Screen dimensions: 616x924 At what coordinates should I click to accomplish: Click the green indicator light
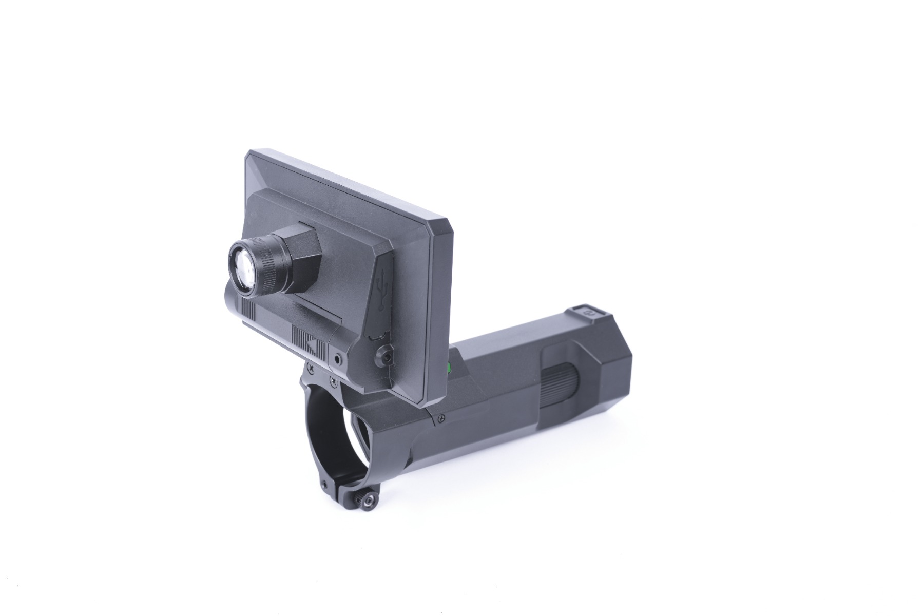pos(448,367)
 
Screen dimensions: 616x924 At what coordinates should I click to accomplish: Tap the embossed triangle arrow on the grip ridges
pos(311,343)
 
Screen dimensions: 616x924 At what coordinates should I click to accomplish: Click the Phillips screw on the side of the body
pos(441,419)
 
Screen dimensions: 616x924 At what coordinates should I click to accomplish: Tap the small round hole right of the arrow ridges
pos(337,359)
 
